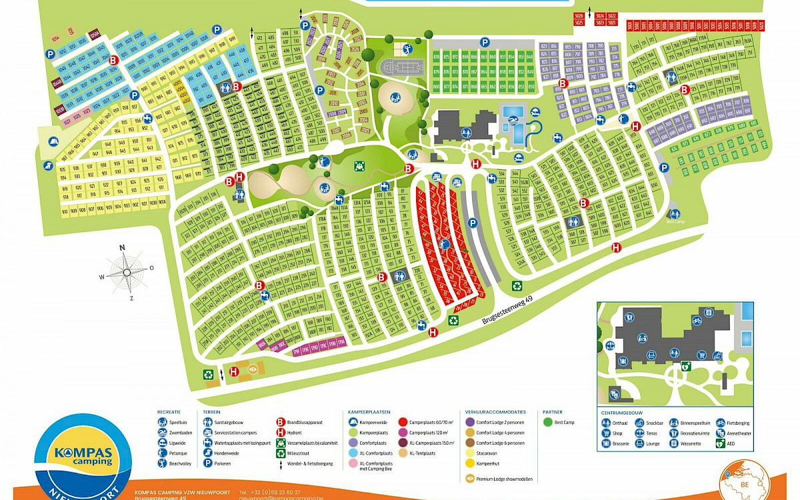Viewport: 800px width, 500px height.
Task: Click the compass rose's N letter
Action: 122,248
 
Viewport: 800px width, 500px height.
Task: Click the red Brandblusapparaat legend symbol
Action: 281,421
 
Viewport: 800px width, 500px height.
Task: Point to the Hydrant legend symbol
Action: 281,432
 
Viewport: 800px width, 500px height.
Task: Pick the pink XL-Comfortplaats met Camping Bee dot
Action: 353,465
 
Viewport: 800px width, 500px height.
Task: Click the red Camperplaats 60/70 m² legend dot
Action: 403,421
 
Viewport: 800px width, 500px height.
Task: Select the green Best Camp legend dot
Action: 547,422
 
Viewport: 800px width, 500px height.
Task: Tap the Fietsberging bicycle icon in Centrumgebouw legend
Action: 720,422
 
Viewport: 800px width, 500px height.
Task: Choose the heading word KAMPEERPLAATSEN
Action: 369,412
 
